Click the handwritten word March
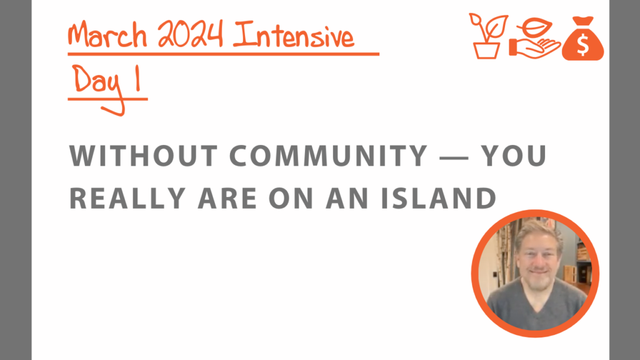pos(107,34)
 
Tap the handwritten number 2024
pos(190,34)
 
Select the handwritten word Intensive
pos(294,35)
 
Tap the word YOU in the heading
pos(513,156)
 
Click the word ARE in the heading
pos(227,198)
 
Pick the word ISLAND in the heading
pos(439,198)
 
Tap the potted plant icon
pos(487,36)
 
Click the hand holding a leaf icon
pos(535,38)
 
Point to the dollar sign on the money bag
pos(583,44)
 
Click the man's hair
pos(538,232)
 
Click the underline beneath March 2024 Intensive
pos(224,54)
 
